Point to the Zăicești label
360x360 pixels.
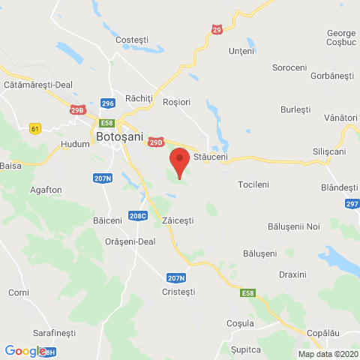178,221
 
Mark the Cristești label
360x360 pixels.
178,291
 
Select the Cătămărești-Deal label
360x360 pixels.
37,85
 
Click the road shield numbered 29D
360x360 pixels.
156,142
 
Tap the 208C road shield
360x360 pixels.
137,215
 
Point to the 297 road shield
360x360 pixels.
352,204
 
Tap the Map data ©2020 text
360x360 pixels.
328,354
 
